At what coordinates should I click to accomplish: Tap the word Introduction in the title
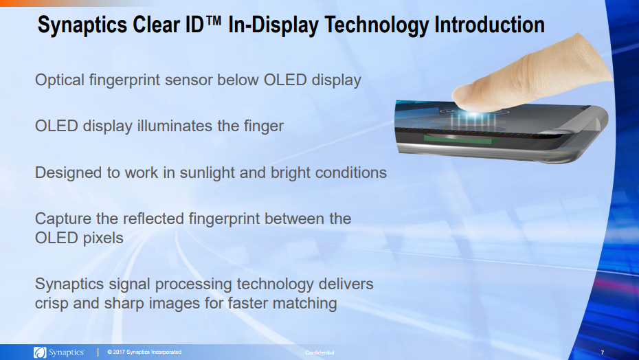(489, 25)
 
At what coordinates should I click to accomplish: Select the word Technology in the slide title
(376, 25)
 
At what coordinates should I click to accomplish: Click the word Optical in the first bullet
(60, 80)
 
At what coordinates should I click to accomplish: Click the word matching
(308, 303)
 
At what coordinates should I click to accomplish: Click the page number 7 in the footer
(603, 352)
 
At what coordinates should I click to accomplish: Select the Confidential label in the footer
(319, 352)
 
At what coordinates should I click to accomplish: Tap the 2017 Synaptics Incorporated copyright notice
(144, 352)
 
